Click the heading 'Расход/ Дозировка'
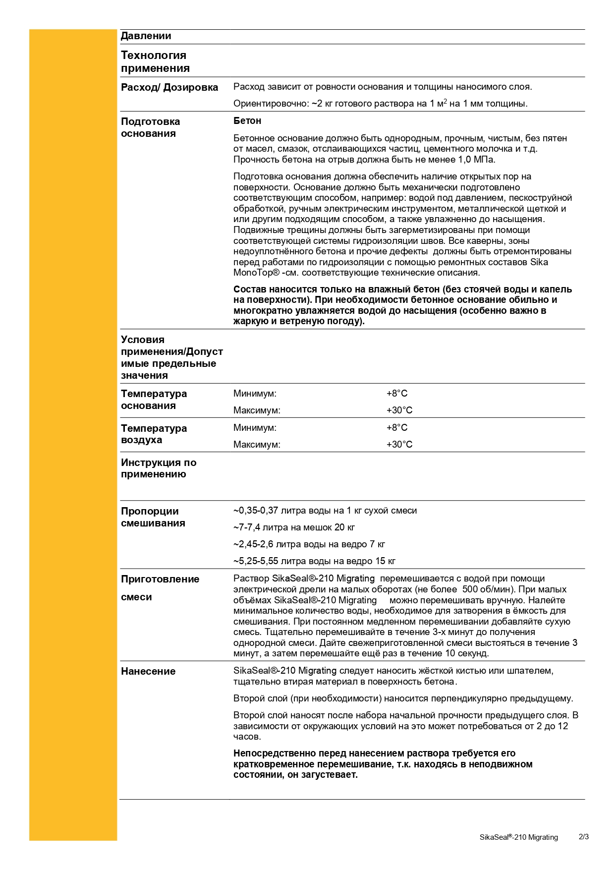tap(169, 88)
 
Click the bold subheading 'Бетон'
tap(247, 121)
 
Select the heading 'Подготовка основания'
tap(151, 127)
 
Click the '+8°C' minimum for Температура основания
tap(397, 394)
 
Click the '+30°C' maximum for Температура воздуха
tap(399, 445)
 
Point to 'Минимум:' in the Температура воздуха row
tap(255, 428)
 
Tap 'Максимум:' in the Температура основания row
tap(257, 410)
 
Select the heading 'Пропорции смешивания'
tap(153, 517)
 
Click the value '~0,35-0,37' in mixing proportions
tap(256, 511)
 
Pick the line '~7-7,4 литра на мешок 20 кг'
tap(294, 527)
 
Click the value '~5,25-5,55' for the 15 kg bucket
tap(256, 561)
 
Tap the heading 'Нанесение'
tap(148, 672)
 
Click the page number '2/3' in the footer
tap(584, 837)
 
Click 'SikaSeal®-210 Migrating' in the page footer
tap(518, 837)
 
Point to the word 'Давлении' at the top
tap(146, 36)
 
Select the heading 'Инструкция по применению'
tap(159, 468)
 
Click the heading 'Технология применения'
tap(155, 62)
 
